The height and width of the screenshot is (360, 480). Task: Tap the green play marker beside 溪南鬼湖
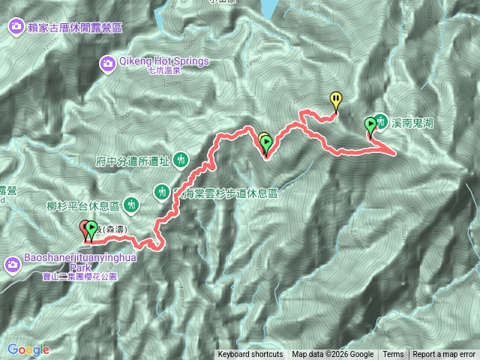tap(370, 125)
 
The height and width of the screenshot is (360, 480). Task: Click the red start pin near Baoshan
tap(85, 228)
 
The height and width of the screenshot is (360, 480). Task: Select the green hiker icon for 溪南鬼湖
tap(381, 121)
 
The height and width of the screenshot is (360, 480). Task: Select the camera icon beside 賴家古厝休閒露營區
tap(15, 28)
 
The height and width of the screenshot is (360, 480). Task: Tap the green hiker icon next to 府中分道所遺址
tap(180, 159)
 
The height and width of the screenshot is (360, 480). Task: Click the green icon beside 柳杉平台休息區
tap(131, 203)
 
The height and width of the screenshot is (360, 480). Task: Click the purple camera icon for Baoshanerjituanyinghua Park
tap(13, 264)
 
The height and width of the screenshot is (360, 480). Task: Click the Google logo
tap(28, 349)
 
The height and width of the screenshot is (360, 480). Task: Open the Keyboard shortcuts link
tap(252, 355)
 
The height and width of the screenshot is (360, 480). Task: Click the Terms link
tap(393, 355)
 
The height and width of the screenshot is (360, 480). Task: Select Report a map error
tap(444, 355)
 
